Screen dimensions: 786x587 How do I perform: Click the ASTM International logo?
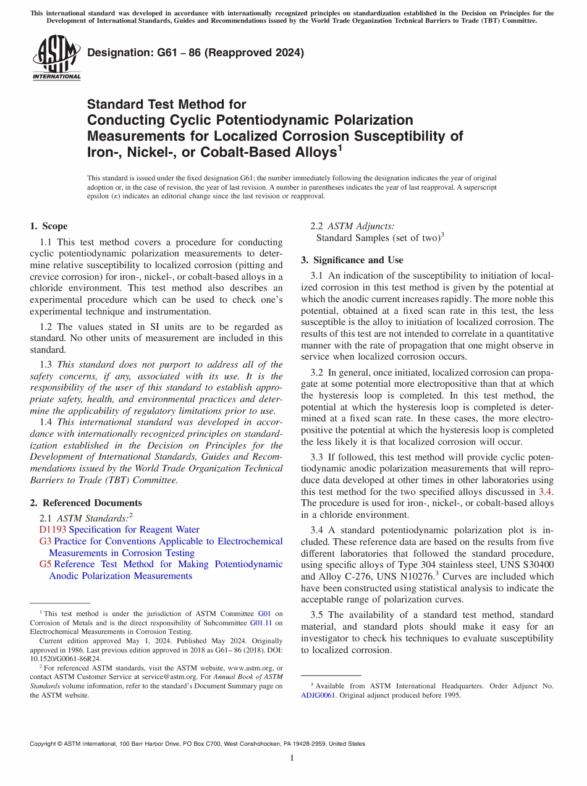56,58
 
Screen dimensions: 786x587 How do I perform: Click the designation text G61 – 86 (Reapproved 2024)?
196,53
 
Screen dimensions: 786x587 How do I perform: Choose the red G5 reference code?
45,564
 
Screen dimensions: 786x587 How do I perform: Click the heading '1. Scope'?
49,226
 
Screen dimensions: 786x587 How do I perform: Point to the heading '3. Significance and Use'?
352,260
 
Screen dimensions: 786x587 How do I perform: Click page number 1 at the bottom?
293,758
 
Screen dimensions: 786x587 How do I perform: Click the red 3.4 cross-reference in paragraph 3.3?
546,492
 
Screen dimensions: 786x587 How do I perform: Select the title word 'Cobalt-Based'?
290,152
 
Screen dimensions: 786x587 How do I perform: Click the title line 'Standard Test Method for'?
166,104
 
